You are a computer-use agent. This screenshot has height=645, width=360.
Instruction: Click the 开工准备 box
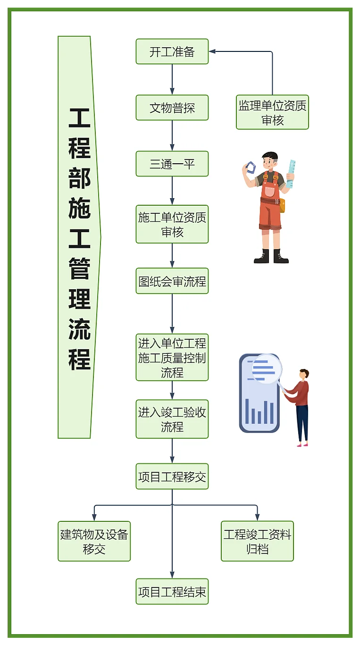click(172, 51)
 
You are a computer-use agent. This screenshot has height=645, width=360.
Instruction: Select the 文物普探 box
click(172, 108)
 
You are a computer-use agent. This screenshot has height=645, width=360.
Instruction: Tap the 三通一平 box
click(172, 164)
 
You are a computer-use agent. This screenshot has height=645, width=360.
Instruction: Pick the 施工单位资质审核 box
click(172, 225)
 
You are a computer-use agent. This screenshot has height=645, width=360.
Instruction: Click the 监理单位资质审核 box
click(272, 112)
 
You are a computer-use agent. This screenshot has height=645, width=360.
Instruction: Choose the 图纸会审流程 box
click(172, 281)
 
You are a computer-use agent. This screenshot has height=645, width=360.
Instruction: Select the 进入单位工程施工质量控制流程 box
click(172, 358)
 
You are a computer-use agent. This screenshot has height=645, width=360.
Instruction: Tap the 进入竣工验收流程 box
click(172, 419)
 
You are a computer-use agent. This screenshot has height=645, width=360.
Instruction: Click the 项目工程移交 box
click(172, 477)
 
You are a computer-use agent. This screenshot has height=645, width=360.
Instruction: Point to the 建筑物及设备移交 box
click(94, 541)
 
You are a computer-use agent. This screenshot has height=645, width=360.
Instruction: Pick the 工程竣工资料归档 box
click(257, 541)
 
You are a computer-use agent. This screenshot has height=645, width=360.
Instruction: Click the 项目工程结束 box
click(172, 592)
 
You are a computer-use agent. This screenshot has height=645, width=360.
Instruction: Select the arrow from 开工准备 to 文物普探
click(172, 79)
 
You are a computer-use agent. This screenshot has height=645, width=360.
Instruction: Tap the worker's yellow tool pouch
click(282, 205)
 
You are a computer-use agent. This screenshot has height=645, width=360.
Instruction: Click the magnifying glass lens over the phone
click(266, 369)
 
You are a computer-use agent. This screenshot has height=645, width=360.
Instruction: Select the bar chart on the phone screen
click(260, 412)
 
